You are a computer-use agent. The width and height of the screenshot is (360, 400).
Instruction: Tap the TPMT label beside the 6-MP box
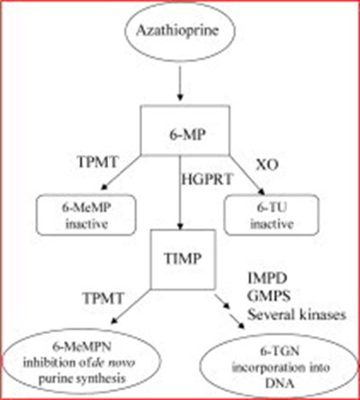97,162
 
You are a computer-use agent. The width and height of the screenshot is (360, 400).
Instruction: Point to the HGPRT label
207,179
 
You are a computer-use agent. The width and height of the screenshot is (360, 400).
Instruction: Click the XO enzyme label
267,165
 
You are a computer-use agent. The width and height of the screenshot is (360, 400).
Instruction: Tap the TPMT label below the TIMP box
103,298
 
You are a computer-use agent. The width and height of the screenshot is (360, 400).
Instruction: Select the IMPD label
267,278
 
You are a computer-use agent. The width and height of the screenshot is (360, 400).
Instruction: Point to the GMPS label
269,296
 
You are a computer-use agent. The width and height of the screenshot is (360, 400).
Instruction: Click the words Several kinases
296,314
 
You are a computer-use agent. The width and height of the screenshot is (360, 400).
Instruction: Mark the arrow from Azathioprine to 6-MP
180,83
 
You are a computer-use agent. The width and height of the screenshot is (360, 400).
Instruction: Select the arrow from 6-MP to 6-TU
247,175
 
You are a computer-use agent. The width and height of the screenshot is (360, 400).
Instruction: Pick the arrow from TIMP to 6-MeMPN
130,306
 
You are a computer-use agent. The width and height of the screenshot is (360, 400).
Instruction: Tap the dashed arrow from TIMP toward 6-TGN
230,312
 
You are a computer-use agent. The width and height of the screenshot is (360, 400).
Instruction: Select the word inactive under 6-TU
272,224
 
